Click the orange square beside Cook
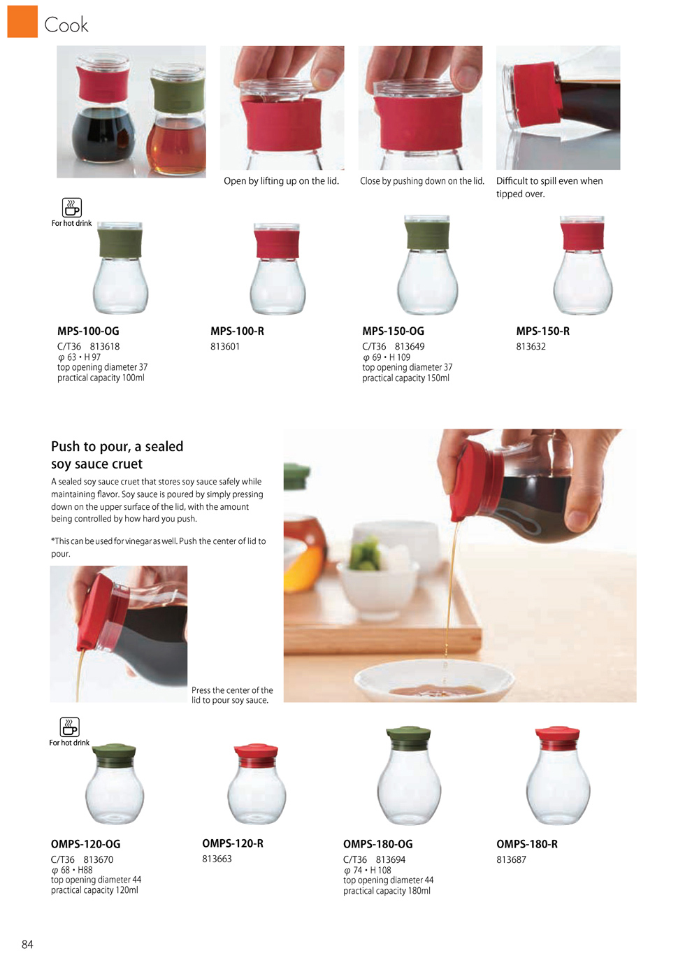(22, 21)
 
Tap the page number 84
(27, 944)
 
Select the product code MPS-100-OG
(88, 331)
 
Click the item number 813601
(225, 346)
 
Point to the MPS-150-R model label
(542, 331)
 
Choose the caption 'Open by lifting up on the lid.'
(281, 180)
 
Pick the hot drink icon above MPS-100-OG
(72, 208)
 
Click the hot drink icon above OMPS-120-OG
(70, 727)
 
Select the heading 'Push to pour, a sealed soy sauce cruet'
(117, 455)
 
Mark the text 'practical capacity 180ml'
(387, 891)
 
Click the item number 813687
(511, 859)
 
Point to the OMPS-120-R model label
(233, 843)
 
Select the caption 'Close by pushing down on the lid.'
(421, 180)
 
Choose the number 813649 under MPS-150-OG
(410, 346)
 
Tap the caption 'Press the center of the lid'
(232, 695)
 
